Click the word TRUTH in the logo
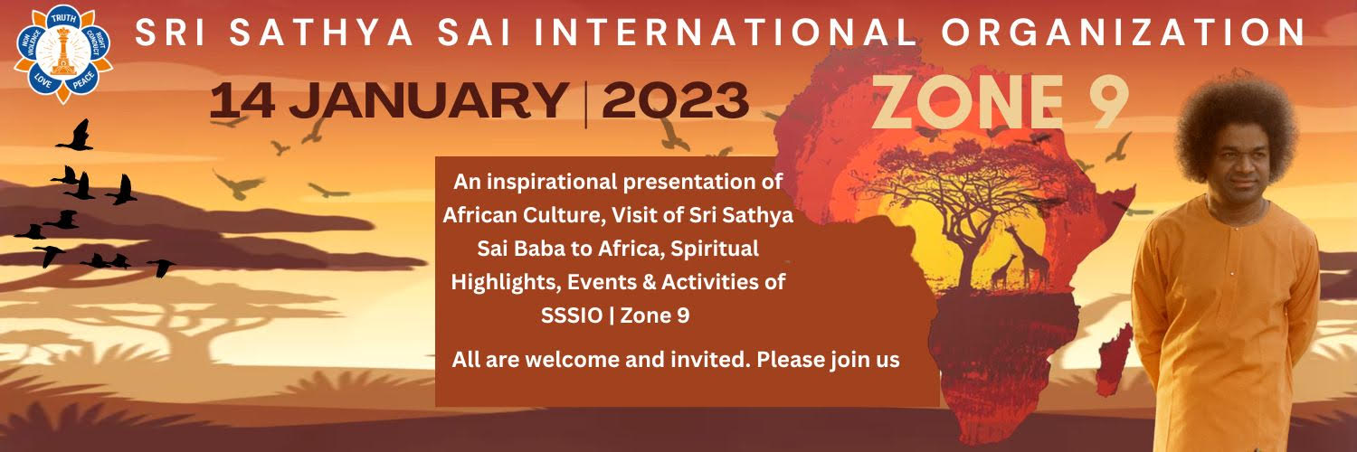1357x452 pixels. (x=63, y=18)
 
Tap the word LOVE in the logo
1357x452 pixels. (x=43, y=80)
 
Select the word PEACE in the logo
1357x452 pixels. (x=84, y=80)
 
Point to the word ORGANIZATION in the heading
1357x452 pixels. (x=1124, y=32)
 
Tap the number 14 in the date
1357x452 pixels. (x=242, y=101)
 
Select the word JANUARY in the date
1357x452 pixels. (x=428, y=101)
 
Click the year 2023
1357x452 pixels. (x=676, y=101)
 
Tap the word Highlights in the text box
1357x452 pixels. (x=506, y=283)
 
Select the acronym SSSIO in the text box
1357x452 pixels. (x=571, y=315)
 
